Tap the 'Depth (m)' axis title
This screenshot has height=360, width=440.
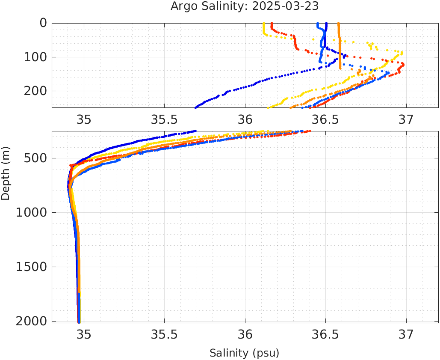pyautogui.click(x=6, y=173)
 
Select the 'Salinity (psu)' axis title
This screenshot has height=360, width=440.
pyautogui.click(x=244, y=353)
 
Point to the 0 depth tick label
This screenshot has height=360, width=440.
pyautogui.click(x=43, y=23)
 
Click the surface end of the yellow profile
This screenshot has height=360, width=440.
pyautogui.click(x=264, y=24)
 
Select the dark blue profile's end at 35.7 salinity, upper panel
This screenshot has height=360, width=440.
pyautogui.click(x=196, y=107)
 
